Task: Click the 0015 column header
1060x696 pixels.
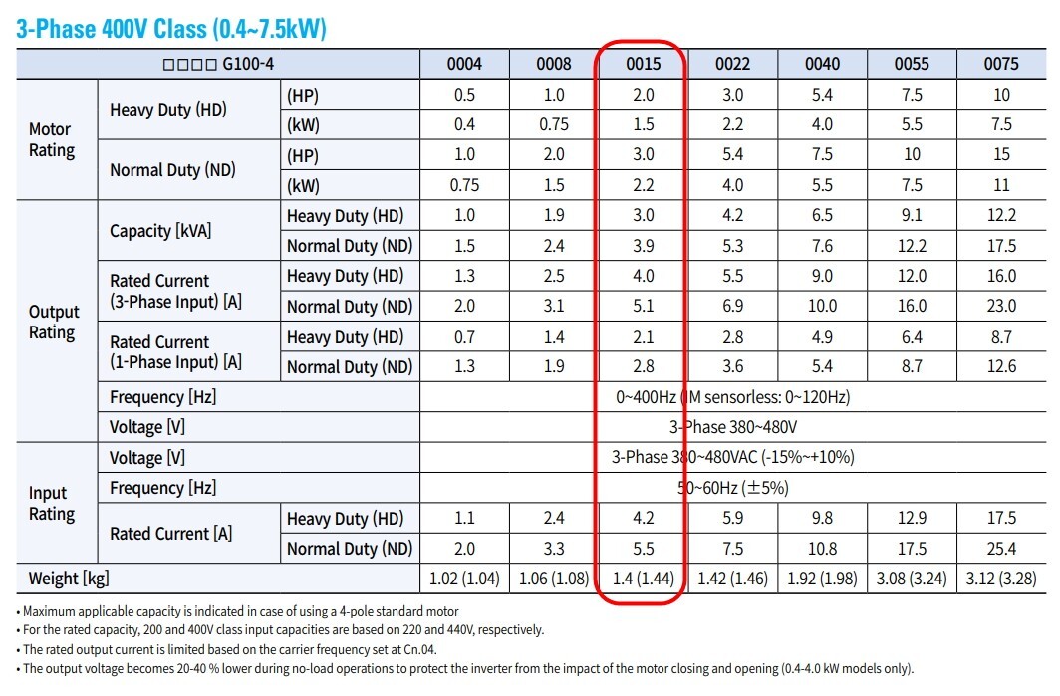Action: coord(643,64)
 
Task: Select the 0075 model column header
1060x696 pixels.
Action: coord(1001,64)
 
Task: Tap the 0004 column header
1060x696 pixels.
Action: coord(464,64)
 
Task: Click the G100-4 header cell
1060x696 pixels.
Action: coord(218,64)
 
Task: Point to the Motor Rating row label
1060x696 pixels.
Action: coord(52,139)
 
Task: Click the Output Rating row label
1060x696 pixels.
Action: coord(54,322)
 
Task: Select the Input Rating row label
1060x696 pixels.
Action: coord(52,504)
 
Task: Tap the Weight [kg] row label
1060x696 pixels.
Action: coord(69,580)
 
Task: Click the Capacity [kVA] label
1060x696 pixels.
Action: coord(160,231)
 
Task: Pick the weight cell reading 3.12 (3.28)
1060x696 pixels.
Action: coord(1001,580)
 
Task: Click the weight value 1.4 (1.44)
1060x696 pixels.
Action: coord(643,580)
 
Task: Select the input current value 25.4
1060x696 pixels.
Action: coord(1001,549)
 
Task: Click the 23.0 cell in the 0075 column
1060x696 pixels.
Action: coord(1001,306)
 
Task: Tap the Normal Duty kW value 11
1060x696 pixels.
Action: coord(1001,185)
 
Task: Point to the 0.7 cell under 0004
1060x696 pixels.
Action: coord(464,337)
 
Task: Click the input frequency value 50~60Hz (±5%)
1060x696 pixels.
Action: coord(733,488)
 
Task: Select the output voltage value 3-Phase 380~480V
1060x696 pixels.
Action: coord(733,427)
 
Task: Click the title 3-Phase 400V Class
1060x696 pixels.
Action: coord(112,29)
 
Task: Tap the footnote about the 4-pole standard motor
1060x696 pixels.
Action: coord(237,612)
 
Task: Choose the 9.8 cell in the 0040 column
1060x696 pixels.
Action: coord(822,519)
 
